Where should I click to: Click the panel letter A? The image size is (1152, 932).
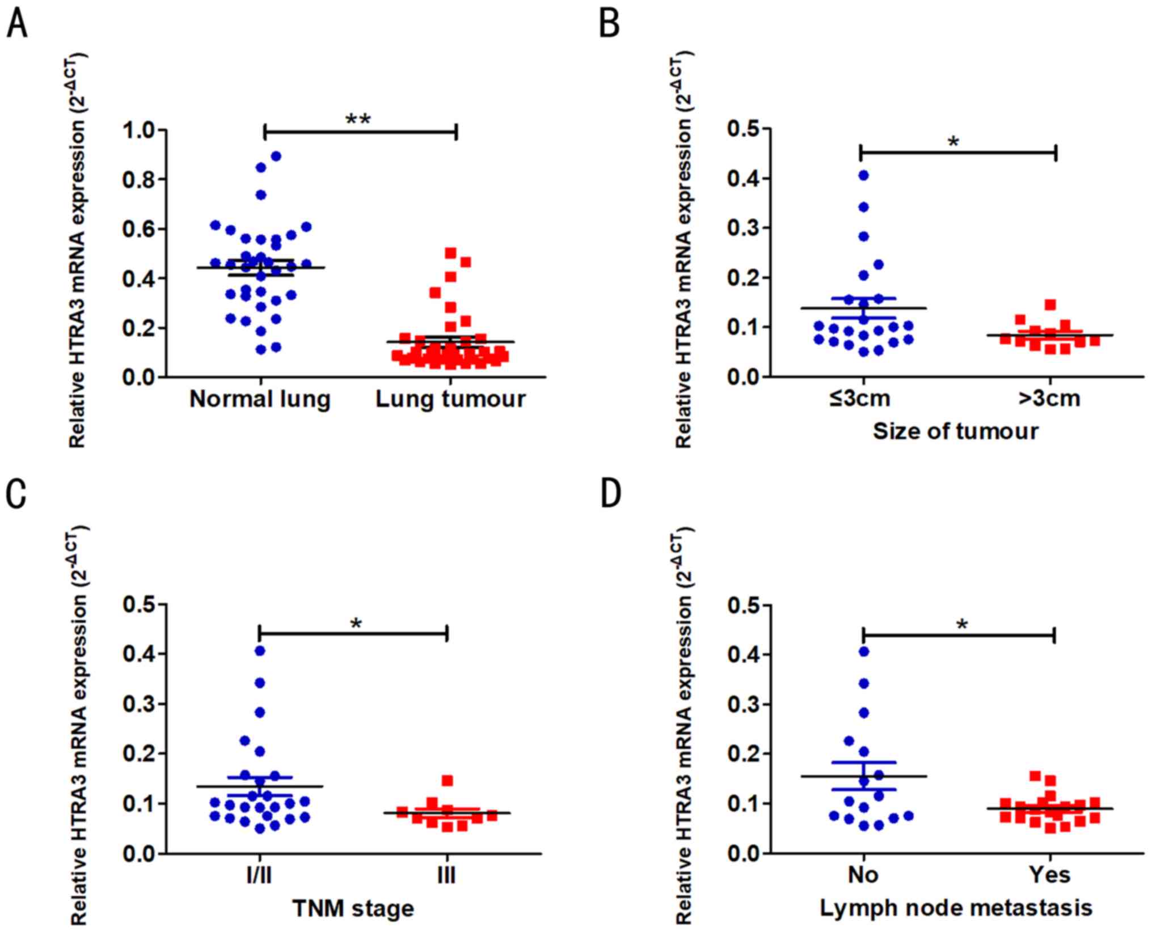[17, 25]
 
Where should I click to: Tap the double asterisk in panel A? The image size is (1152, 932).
[358, 120]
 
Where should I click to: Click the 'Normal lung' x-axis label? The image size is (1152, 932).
[260, 400]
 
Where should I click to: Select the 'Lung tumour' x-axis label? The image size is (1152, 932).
[450, 400]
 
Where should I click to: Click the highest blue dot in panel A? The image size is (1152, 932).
[276, 156]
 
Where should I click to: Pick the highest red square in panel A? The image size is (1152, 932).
[451, 252]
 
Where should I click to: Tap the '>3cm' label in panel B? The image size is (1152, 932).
[1049, 399]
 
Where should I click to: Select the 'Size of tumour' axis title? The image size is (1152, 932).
[955, 431]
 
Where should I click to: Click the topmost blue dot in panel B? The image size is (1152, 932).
[863, 175]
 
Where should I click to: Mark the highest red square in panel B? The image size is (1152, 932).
[1050, 305]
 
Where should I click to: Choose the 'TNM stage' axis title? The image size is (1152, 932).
[353, 908]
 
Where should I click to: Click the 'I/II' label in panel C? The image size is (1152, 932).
[259, 876]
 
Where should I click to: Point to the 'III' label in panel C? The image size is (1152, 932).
[447, 876]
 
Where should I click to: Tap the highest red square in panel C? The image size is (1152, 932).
[448, 781]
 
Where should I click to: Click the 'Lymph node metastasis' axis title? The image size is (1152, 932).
[956, 908]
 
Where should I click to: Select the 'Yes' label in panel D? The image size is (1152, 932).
[1050, 875]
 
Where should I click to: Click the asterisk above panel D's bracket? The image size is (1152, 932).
[961, 625]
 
